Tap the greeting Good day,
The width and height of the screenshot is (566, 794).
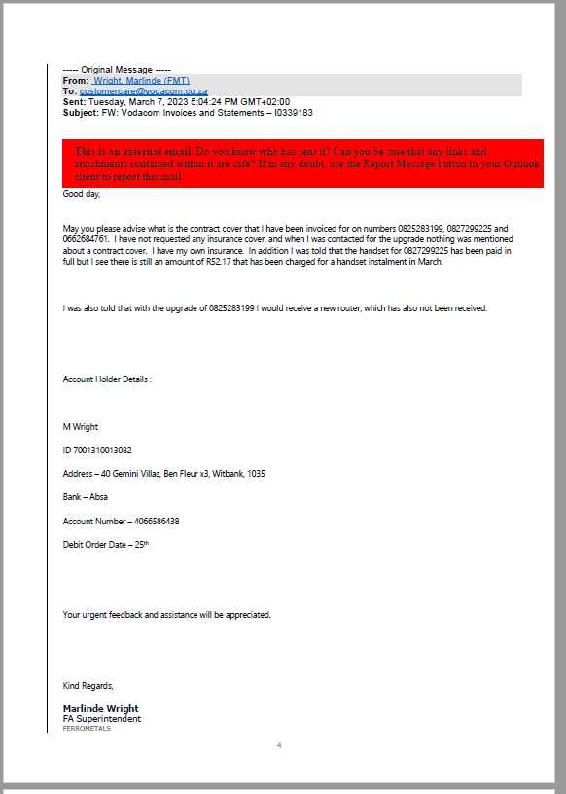82,194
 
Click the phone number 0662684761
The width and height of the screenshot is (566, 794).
85,238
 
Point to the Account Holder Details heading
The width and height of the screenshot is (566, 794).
107,379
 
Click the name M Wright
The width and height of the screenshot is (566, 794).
81,426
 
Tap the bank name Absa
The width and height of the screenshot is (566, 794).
98,497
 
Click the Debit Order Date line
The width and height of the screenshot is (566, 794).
106,544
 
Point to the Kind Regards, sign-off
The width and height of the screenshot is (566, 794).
88,686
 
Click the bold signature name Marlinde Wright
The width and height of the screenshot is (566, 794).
100,708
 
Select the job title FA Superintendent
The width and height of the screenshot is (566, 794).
101,719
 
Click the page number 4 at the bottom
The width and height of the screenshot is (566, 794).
279,745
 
